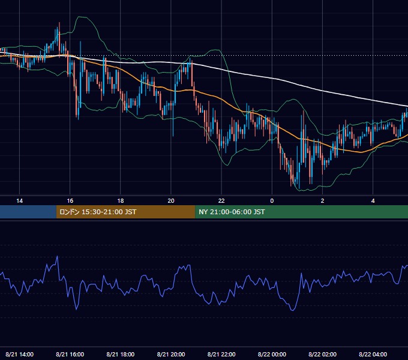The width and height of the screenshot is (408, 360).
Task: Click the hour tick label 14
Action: [20, 201]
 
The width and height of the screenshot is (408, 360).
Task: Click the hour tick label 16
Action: [70, 201]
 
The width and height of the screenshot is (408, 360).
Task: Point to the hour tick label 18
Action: [121, 201]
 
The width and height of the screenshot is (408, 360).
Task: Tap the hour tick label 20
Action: [171, 201]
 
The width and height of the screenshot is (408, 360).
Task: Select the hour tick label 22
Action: [221, 201]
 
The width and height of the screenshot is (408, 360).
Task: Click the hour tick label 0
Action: [272, 201]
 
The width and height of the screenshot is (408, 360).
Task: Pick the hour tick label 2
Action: [322, 201]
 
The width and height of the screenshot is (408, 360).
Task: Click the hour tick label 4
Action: [373, 201]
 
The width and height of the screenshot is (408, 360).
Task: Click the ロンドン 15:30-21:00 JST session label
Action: [98, 212]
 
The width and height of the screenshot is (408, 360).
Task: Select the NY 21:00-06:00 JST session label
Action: [232, 212]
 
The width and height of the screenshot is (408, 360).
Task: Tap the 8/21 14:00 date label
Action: [20, 354]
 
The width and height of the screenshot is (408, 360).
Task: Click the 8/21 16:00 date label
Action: [70, 354]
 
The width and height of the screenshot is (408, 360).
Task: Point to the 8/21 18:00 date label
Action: [121, 354]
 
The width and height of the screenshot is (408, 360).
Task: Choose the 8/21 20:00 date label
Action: [171, 354]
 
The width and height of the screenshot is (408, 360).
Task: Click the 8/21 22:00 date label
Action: [221, 354]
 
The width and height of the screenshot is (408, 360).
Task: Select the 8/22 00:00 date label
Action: [272, 354]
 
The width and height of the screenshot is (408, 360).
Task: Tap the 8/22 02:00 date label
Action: [322, 354]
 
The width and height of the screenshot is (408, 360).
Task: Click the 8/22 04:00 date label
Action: [373, 354]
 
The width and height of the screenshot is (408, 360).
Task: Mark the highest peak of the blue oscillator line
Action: [57, 256]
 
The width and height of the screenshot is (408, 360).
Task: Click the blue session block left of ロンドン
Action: [28, 212]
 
